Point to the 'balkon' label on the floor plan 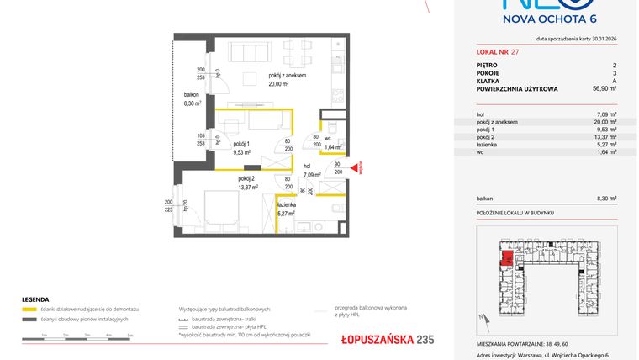193,95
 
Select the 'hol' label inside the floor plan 308,166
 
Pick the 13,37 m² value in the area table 605,137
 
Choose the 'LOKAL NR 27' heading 499,51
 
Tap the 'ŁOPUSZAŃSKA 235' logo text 376,339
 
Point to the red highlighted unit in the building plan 508,256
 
